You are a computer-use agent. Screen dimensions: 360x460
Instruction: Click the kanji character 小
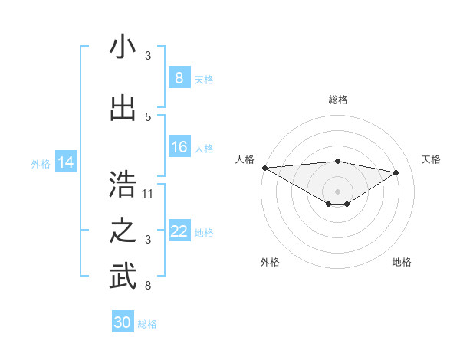pos(123,47)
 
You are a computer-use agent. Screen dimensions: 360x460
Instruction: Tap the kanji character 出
pos(123,109)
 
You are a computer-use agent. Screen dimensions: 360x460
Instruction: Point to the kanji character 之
pos(123,231)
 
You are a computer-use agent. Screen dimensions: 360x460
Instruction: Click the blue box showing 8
pos(179,77)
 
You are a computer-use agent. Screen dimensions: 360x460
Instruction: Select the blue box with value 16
pos(179,147)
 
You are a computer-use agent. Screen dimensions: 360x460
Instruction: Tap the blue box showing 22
pos(179,231)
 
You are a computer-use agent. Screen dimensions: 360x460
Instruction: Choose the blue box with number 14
pos(66,162)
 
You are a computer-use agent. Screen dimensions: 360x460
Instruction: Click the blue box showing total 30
pos(123,322)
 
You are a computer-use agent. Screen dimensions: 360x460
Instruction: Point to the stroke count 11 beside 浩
pos(148,193)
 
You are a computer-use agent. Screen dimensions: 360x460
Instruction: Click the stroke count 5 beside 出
pos(148,117)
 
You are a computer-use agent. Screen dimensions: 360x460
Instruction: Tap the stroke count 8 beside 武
pos(148,286)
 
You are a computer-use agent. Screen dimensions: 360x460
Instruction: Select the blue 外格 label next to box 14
pos(40,163)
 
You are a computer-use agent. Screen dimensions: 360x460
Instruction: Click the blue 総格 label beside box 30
pos(147,324)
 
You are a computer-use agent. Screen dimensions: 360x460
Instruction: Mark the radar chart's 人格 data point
pos(264,168)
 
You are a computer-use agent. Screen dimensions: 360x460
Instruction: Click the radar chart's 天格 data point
pos(396,172)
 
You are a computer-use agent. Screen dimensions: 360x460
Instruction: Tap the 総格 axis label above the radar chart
pos(337,100)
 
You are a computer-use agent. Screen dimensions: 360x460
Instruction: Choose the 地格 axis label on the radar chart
pos(402,262)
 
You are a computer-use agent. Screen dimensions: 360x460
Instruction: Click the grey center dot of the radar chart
pos(337,191)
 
